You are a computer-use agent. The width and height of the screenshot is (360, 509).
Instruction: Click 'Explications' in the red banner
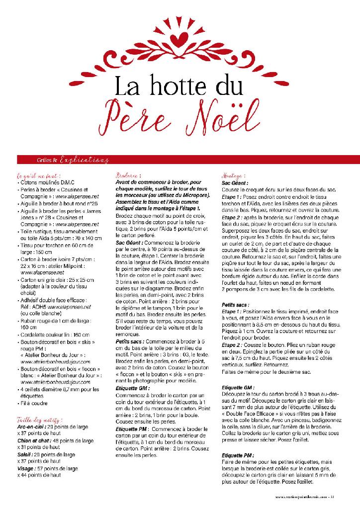pos(84,160)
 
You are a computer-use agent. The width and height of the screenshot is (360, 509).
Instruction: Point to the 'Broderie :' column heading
pos(128,176)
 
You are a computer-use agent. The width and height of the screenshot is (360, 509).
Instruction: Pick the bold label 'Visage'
pos(26,468)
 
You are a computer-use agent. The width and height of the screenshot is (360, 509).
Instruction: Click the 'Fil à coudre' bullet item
pos(35,403)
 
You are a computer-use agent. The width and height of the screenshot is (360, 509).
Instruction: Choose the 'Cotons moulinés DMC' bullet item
pos(42,183)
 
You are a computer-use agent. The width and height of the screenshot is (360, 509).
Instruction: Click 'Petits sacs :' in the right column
pos(236,303)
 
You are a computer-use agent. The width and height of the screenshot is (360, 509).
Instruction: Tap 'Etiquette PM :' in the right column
pos(238,455)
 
